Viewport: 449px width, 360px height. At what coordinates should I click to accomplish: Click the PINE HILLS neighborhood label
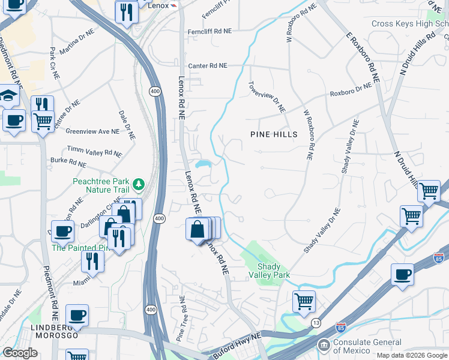273,134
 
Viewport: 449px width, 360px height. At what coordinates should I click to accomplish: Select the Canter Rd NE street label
208,65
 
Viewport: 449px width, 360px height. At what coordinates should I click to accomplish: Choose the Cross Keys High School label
409,24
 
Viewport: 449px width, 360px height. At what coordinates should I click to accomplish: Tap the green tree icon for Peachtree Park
139,183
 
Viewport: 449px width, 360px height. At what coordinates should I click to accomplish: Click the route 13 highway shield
316,323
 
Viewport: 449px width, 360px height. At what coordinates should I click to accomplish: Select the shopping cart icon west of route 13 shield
304,301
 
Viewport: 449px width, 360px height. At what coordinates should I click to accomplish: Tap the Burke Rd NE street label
68,161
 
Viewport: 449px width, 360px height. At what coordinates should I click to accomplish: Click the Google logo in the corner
20,353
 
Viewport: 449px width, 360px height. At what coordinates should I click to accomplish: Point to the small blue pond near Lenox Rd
202,164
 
